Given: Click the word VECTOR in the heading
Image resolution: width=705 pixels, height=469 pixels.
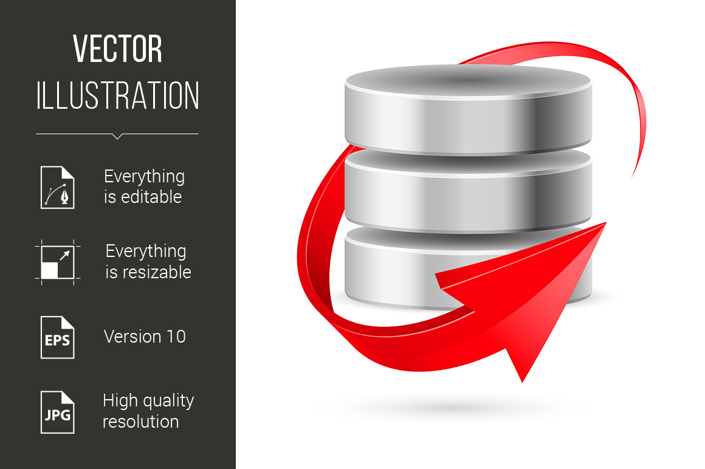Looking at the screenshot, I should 117,50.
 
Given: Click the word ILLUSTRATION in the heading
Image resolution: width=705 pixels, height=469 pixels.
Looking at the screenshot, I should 117,96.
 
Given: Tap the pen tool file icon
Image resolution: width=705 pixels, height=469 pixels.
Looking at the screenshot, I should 58,187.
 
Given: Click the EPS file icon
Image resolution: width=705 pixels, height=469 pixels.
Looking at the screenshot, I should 58,337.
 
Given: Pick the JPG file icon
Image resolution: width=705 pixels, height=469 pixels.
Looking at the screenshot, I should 58,412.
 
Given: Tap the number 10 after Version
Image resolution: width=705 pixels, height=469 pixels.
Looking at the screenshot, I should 174,337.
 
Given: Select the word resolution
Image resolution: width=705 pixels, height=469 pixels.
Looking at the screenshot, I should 140,422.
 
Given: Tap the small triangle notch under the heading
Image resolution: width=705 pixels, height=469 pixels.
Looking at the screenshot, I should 117,136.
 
